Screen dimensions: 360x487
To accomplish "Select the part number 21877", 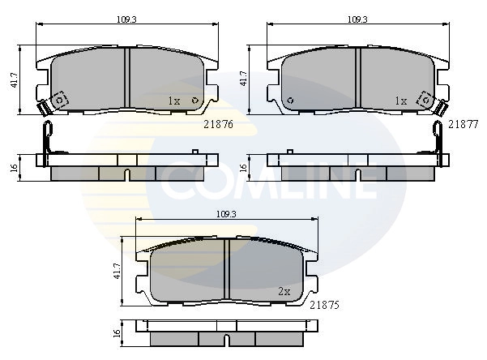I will pos(463,124).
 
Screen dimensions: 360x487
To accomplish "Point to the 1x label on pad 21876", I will pos(173,101).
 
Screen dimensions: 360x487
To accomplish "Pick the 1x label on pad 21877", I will pos(400,101).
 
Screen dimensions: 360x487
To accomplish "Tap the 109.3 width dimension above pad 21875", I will pos(228,214).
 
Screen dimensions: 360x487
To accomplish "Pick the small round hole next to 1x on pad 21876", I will pos(194,101).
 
